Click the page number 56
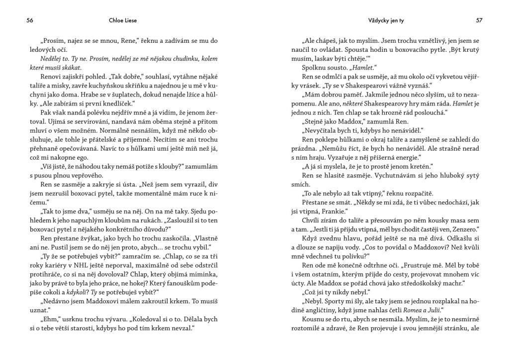(x=30, y=21)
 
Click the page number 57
(x=479, y=21)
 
